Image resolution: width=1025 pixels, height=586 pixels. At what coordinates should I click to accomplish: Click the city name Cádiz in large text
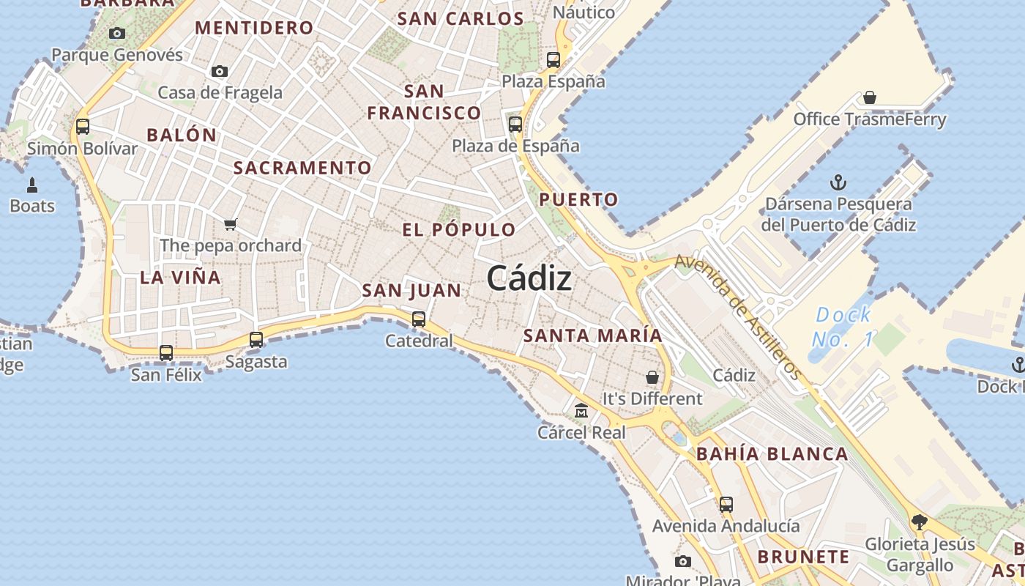tap(529, 278)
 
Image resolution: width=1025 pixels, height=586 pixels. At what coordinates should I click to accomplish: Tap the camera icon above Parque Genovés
tap(116, 33)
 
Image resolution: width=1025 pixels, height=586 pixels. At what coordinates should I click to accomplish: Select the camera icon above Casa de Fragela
tap(219, 72)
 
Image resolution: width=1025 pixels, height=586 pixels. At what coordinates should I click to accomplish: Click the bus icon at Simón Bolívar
tap(83, 127)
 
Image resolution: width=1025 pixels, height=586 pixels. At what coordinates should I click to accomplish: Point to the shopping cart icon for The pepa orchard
tap(231, 224)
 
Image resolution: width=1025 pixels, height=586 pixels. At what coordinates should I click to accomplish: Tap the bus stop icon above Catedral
tap(419, 319)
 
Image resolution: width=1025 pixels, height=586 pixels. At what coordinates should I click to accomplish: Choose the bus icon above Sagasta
tap(256, 340)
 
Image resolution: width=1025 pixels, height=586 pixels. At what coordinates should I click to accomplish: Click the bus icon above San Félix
tap(166, 353)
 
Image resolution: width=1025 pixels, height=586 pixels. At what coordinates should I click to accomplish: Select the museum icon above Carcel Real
tap(581, 411)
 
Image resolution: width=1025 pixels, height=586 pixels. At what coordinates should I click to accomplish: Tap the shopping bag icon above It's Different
tap(652, 377)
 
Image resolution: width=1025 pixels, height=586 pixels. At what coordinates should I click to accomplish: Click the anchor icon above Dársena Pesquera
tap(838, 182)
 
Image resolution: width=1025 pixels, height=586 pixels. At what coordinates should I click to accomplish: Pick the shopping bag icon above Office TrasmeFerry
tap(870, 97)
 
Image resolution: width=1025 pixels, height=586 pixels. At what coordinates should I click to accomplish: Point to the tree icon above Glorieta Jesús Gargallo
tap(920, 522)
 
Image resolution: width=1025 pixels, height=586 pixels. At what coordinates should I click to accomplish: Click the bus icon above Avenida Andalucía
tap(726, 505)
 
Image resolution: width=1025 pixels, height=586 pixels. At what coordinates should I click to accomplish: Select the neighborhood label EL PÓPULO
tap(459, 229)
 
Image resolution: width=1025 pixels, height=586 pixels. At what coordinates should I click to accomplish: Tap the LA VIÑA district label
tap(180, 277)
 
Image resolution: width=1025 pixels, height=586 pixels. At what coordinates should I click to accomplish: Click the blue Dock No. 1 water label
tap(843, 327)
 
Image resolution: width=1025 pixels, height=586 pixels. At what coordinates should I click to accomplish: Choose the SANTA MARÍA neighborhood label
tap(592, 335)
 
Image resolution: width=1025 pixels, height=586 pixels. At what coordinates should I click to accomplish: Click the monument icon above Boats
tap(32, 185)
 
